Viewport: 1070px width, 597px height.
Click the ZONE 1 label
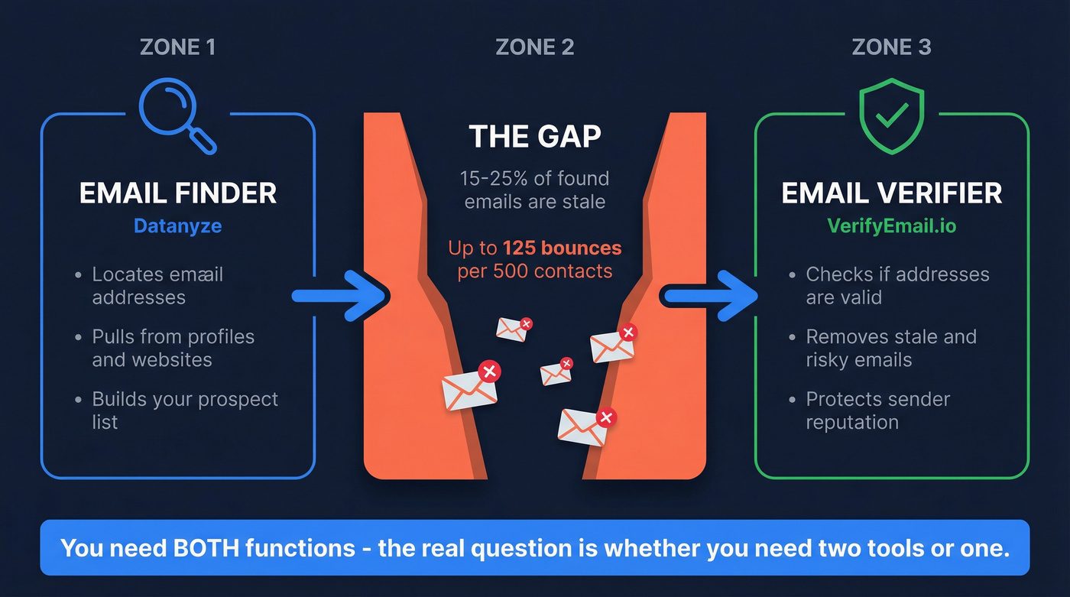coord(177,47)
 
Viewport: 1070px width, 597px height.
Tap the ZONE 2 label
coord(535,47)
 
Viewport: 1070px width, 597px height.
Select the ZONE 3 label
coord(891,47)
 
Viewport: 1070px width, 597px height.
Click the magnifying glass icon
coord(175,115)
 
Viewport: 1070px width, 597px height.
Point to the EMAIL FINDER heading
coord(177,193)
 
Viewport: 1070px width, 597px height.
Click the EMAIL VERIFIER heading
coord(891,193)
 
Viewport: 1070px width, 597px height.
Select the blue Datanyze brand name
coord(177,226)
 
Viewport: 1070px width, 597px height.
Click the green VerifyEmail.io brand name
coord(891,226)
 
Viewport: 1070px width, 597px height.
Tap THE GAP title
coord(535,137)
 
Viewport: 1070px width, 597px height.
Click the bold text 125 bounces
coord(562,248)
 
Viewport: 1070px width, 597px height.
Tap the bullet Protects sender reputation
coord(877,410)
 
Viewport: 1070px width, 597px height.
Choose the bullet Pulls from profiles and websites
coord(173,348)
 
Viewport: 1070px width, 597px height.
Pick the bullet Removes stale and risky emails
coord(890,348)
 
